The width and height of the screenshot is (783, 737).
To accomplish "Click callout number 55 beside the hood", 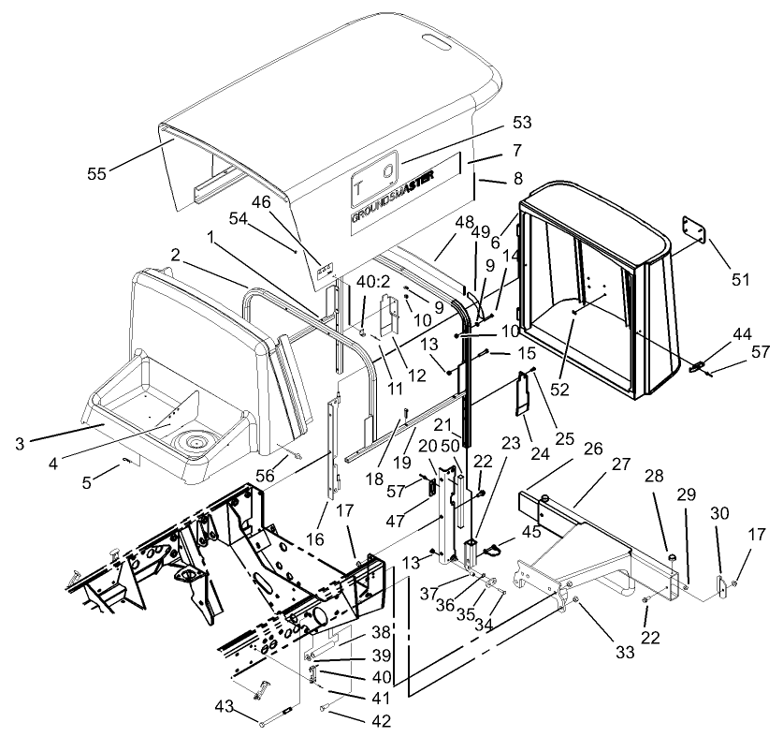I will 95,172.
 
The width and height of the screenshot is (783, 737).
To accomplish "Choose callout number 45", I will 531,532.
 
